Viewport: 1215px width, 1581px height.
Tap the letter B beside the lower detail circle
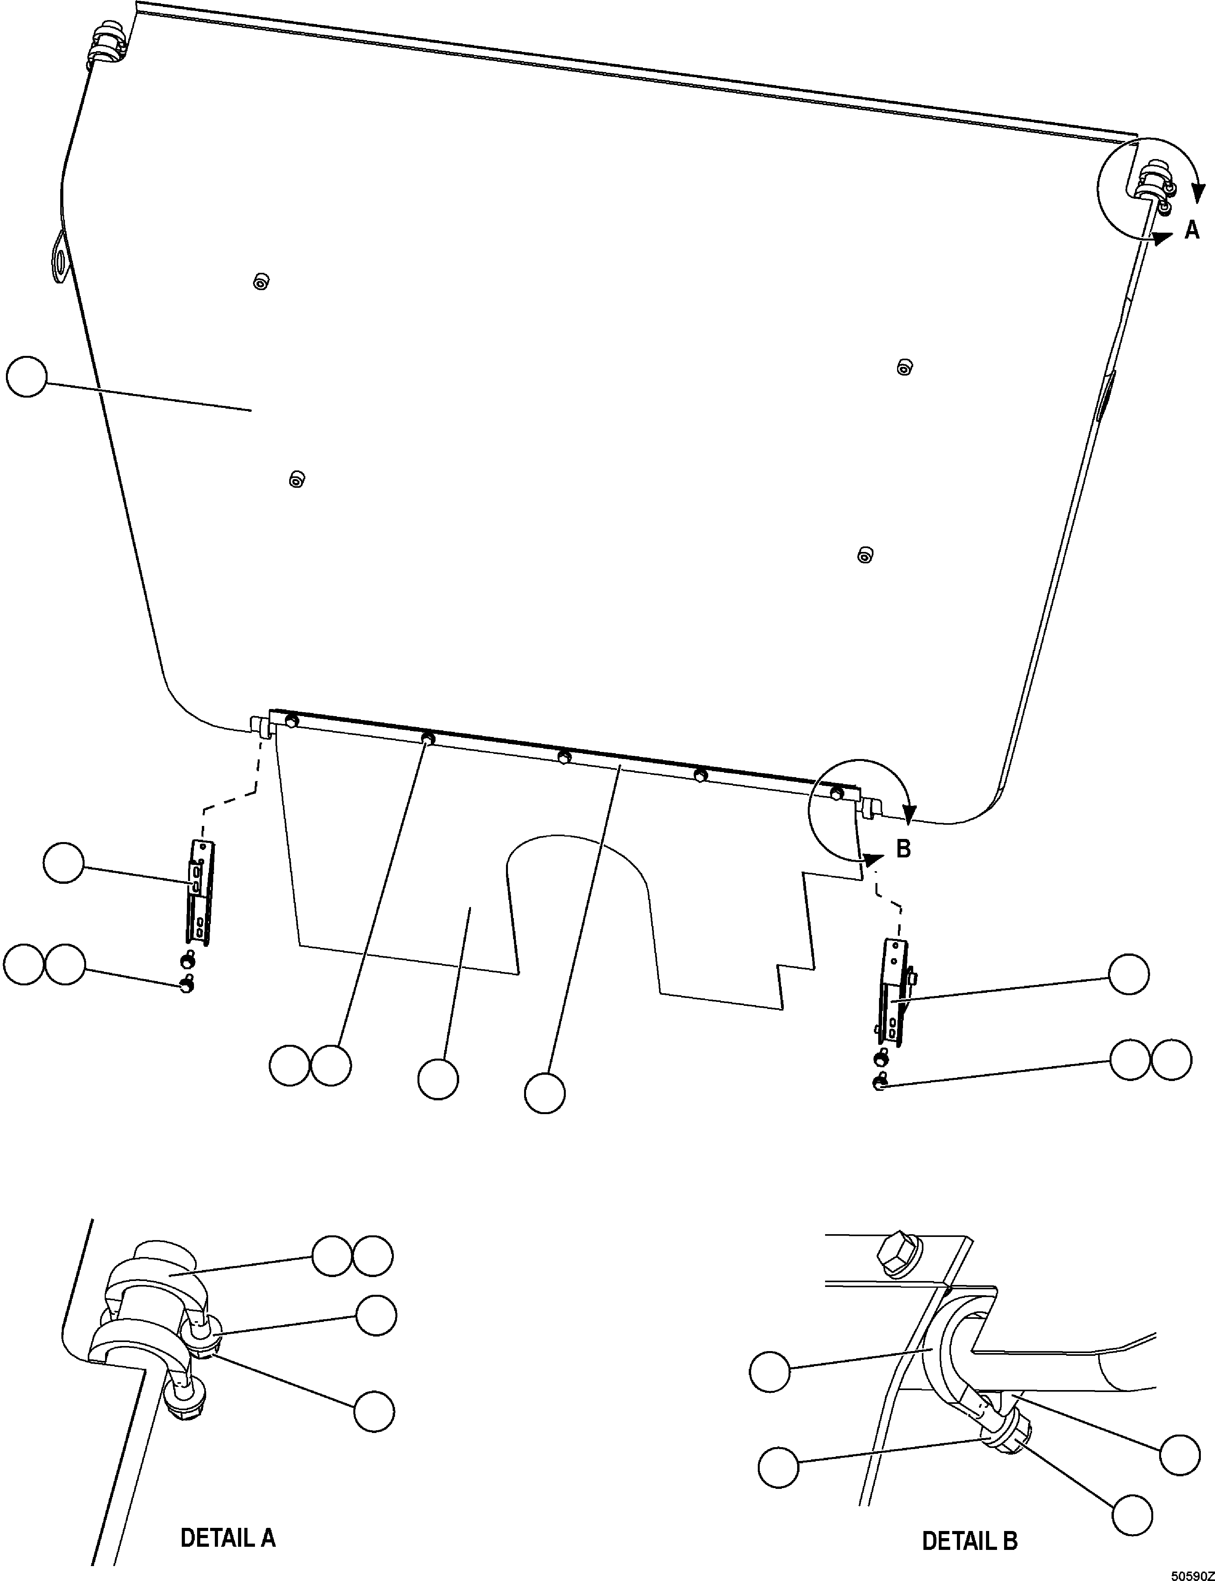click(x=903, y=849)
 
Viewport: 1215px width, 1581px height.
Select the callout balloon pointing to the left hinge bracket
click(x=64, y=863)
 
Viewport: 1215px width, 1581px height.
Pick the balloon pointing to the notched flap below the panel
click(x=438, y=1079)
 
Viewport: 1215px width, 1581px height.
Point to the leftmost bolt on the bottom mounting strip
click(x=292, y=720)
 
